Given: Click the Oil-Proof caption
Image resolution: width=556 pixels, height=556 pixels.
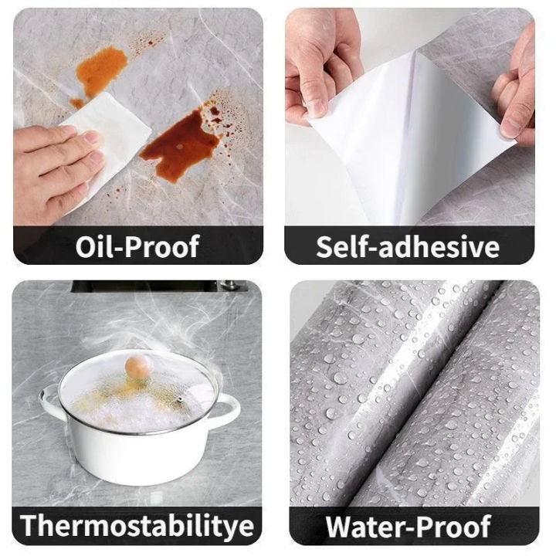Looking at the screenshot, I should point(137,247).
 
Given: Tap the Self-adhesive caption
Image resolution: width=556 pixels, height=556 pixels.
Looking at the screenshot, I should point(408,247).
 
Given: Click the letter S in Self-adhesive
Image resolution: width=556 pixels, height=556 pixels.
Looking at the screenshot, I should point(324,247).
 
